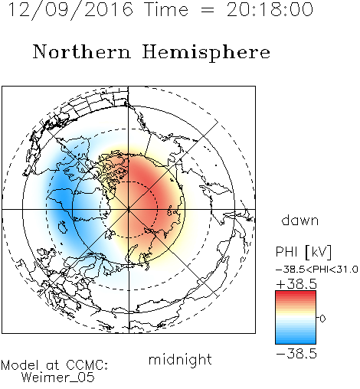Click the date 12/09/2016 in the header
coord(70,10)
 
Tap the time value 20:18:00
coord(270,9)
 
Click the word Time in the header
coord(166,9)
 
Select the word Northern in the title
coord(82,51)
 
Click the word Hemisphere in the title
coord(206,53)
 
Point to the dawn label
coord(300,220)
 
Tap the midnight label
coord(180,359)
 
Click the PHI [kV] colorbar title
coord(303,252)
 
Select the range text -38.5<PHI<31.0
coord(317,270)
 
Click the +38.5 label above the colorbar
coord(296,284)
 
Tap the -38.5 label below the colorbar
coord(296,354)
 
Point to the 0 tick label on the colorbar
coord(322,319)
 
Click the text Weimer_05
coord(58,378)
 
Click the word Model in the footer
coord(20,365)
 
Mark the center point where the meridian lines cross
coord(129,210)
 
